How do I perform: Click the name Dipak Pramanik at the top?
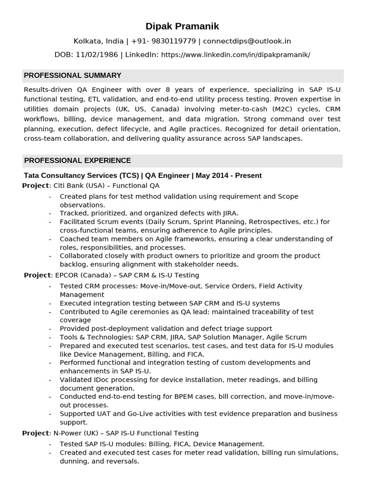[182, 26]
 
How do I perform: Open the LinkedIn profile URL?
[235, 55]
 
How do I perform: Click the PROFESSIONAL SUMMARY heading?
[72, 76]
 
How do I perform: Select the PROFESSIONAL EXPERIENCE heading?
[77, 160]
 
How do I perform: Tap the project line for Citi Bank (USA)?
[91, 185]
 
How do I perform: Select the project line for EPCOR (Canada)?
[111, 275]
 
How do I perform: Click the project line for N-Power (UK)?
[110, 433]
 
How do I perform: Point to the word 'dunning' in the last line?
[74, 461]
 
